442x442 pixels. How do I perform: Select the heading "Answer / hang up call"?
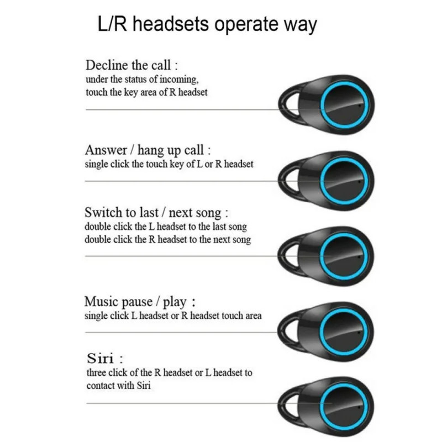coord(148,150)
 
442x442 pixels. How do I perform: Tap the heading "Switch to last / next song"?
coord(156,212)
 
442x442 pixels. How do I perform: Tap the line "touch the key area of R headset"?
coord(146,92)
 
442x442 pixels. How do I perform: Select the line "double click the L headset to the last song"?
coord(166,227)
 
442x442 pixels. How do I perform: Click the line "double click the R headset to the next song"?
coord(168,240)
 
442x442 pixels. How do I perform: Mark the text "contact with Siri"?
coord(118,386)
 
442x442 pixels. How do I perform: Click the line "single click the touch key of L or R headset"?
coord(169,165)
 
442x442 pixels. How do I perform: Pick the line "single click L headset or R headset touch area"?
coord(173,316)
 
